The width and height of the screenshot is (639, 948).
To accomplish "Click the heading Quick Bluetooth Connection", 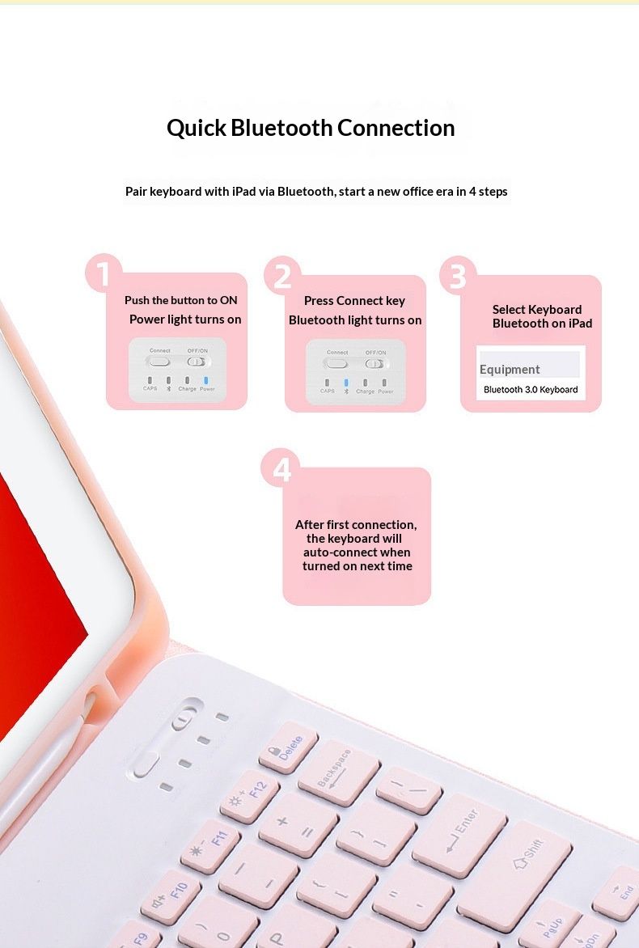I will [x=311, y=128].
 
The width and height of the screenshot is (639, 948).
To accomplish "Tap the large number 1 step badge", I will [x=103, y=273].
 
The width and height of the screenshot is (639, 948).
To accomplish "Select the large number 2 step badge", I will [x=282, y=276].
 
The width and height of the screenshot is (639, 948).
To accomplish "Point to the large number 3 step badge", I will [x=458, y=276].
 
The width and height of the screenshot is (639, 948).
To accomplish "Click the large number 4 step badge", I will [x=281, y=469].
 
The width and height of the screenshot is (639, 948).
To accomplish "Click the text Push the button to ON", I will [x=181, y=300].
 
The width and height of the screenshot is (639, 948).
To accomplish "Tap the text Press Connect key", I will [x=354, y=301].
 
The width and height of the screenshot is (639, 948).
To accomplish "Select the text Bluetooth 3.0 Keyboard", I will [x=531, y=390].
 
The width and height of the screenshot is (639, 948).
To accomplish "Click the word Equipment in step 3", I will [x=510, y=370].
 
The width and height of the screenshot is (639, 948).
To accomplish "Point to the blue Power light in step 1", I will [x=207, y=380].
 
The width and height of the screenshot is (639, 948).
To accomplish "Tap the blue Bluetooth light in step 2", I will [x=346, y=383].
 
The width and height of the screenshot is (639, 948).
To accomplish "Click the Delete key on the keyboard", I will [x=288, y=747].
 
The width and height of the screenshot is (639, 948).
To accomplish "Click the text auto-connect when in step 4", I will [x=357, y=552].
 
